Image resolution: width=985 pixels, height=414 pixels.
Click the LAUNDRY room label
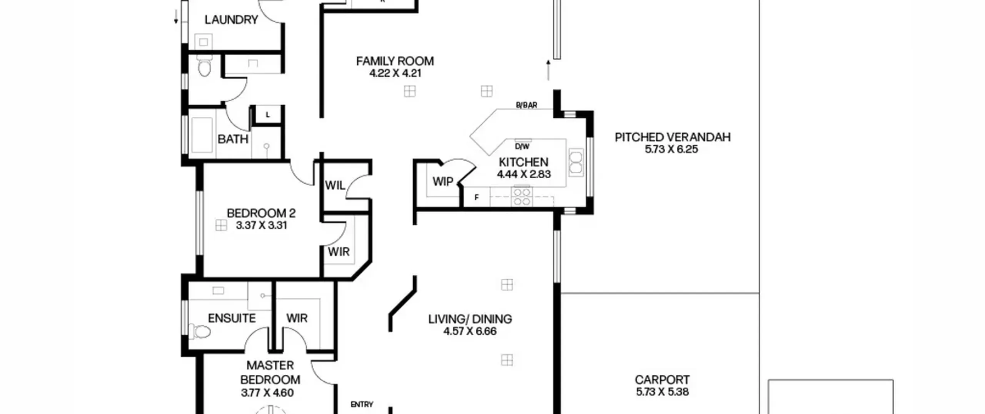pyautogui.click(x=231, y=20)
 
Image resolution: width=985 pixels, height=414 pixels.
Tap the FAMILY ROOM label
pyautogui.click(x=395, y=61)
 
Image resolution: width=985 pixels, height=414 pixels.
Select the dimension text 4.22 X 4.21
pyautogui.click(x=395, y=73)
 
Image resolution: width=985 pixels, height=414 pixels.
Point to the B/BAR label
pyautogui.click(x=526, y=105)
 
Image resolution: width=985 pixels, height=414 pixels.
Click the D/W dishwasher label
pyautogui.click(x=522, y=146)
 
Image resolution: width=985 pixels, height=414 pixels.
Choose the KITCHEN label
pyautogui.click(x=524, y=162)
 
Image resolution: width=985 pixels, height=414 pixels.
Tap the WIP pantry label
pyautogui.click(x=443, y=181)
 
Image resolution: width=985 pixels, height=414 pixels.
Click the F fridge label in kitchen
pyautogui.click(x=477, y=198)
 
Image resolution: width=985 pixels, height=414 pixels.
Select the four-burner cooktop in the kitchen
pyautogui.click(x=522, y=196)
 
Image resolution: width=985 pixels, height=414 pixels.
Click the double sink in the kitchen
pyautogui.click(x=576, y=163)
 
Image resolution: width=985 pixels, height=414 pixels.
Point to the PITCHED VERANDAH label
pyautogui.click(x=673, y=137)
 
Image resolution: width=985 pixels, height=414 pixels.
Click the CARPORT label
pyautogui.click(x=662, y=380)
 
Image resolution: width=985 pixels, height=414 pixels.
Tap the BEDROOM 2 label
pyautogui.click(x=261, y=213)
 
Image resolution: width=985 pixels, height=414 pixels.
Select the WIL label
pyautogui.click(x=335, y=186)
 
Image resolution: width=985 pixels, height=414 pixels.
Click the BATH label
pyautogui.click(x=233, y=139)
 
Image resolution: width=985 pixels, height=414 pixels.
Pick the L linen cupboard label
pyautogui.click(x=268, y=115)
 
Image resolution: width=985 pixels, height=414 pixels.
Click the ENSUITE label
pyautogui.click(x=232, y=318)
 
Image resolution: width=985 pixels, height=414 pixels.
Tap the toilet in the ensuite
pyautogui.click(x=200, y=331)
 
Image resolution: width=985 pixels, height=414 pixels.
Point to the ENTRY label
pyautogui.click(x=362, y=404)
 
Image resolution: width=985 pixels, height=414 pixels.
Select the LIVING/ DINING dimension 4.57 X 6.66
pyautogui.click(x=470, y=331)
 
